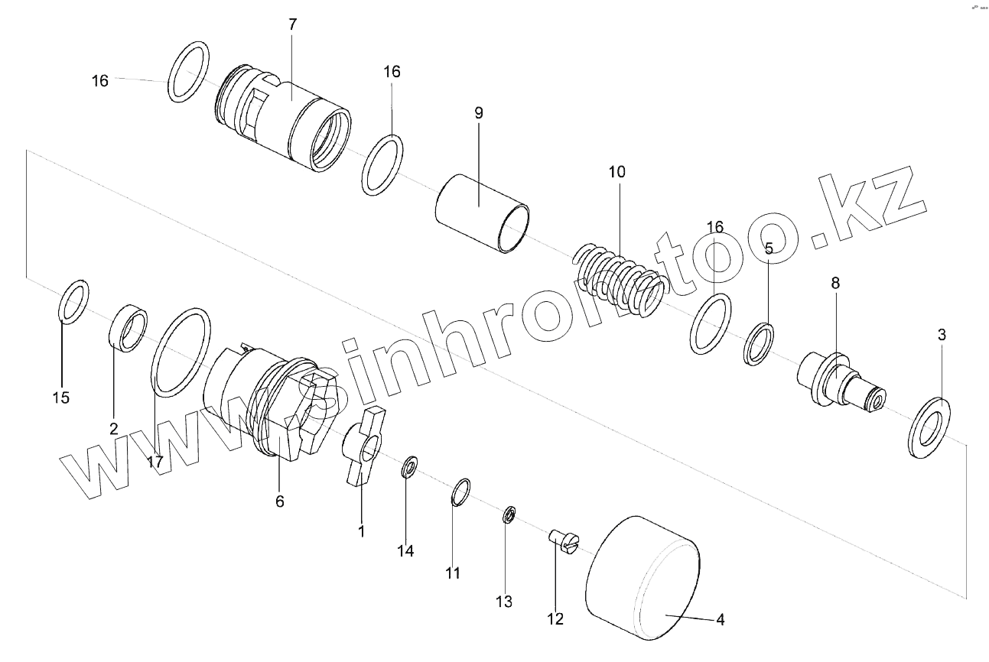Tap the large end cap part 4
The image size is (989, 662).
(643, 577)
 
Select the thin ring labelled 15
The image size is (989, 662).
(73, 302)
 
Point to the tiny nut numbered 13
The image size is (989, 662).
(508, 515)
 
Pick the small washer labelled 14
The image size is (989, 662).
(409, 466)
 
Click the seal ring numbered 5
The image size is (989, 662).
(759, 343)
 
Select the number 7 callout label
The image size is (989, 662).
(293, 24)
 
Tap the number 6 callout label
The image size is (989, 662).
(279, 501)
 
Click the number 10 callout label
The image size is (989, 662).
(616, 172)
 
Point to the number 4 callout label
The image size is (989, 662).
(720, 620)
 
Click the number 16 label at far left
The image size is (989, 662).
(100, 80)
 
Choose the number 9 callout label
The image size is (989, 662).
(479, 113)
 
